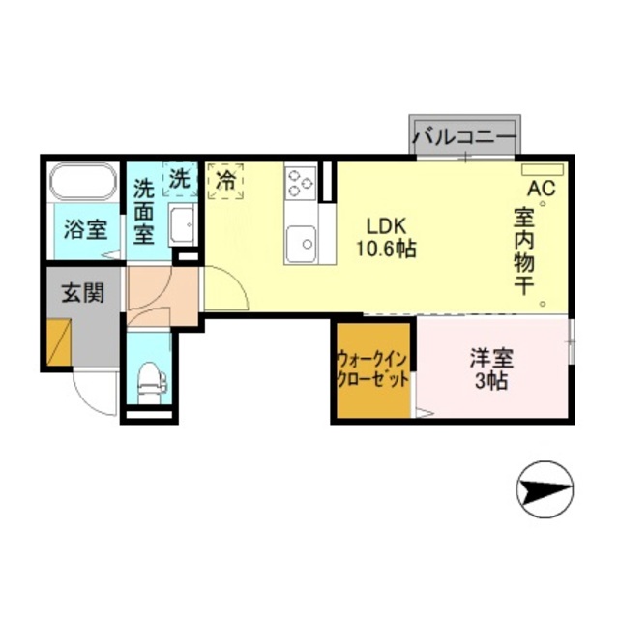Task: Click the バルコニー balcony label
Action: [464, 137]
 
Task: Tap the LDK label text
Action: [383, 225]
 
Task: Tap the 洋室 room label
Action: [491, 357]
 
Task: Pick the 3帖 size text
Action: [491, 380]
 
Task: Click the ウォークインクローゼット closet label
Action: [372, 369]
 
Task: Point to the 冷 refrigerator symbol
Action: [225, 180]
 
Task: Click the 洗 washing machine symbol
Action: [180, 179]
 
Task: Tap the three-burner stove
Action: [299, 182]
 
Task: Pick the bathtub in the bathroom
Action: [82, 182]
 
